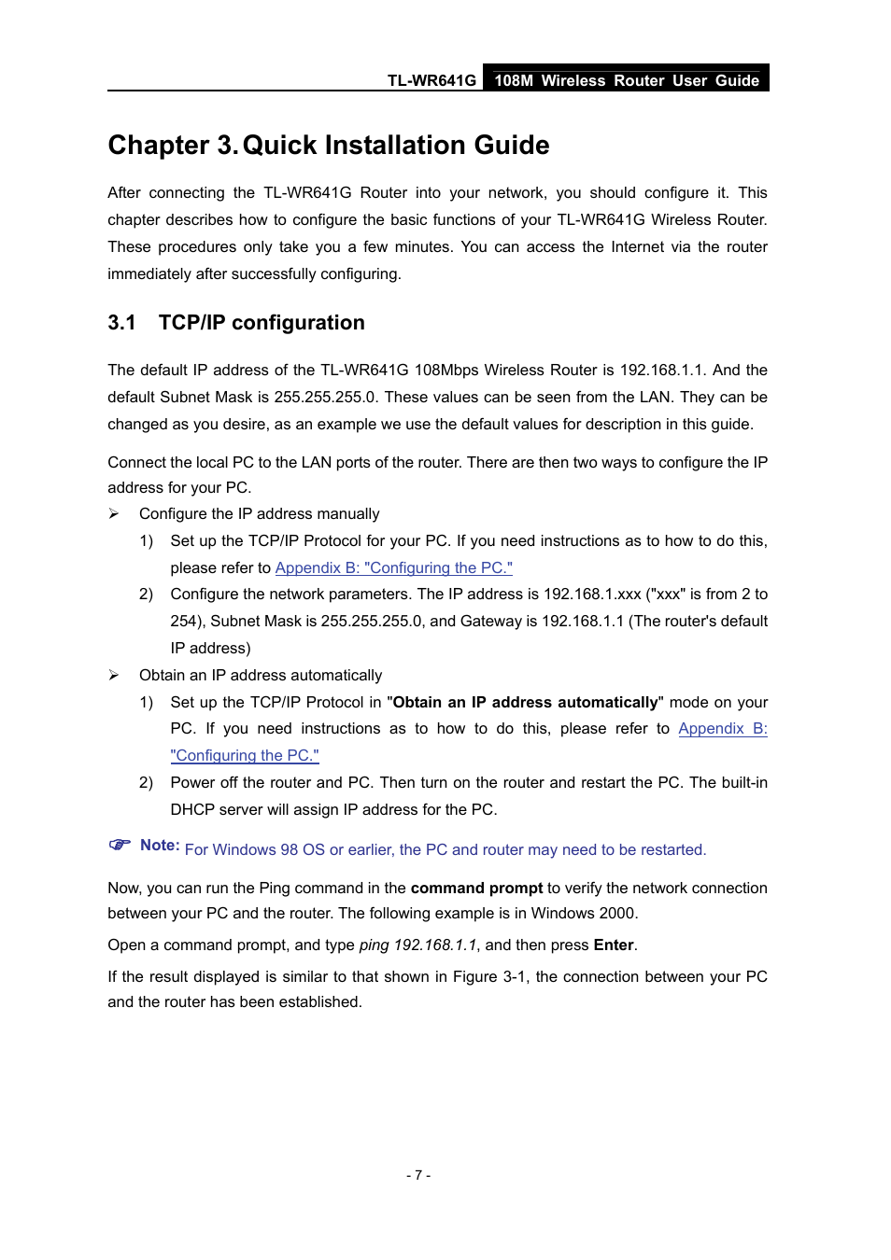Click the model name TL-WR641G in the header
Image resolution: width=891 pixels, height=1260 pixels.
[x=431, y=80]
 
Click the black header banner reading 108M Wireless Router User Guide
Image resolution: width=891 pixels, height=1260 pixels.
[x=626, y=80]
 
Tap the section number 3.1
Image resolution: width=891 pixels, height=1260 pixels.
[x=121, y=323]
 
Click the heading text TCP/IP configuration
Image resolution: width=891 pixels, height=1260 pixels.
[x=262, y=323]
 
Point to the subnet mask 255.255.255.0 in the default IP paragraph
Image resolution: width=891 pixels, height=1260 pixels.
[x=325, y=398]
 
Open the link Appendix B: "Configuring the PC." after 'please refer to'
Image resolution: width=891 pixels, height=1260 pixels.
[x=393, y=568]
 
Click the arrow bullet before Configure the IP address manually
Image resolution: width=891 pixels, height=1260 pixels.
[x=114, y=514]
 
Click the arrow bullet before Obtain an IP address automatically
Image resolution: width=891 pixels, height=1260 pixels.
[x=114, y=676]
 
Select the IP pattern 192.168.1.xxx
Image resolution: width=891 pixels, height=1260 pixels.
[x=592, y=595]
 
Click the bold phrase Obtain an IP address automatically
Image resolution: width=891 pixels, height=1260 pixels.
[x=525, y=703]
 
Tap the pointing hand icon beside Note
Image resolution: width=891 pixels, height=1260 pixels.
[x=120, y=845]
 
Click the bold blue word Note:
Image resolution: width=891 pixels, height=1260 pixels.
[x=160, y=846]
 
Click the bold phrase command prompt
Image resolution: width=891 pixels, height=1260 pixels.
[x=476, y=889]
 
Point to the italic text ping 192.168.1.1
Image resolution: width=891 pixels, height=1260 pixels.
[x=417, y=945]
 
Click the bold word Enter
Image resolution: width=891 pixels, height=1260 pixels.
[x=614, y=945]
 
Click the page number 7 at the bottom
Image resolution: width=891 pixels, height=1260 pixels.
[x=418, y=1175]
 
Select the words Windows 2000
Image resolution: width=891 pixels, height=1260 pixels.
[x=583, y=914]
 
